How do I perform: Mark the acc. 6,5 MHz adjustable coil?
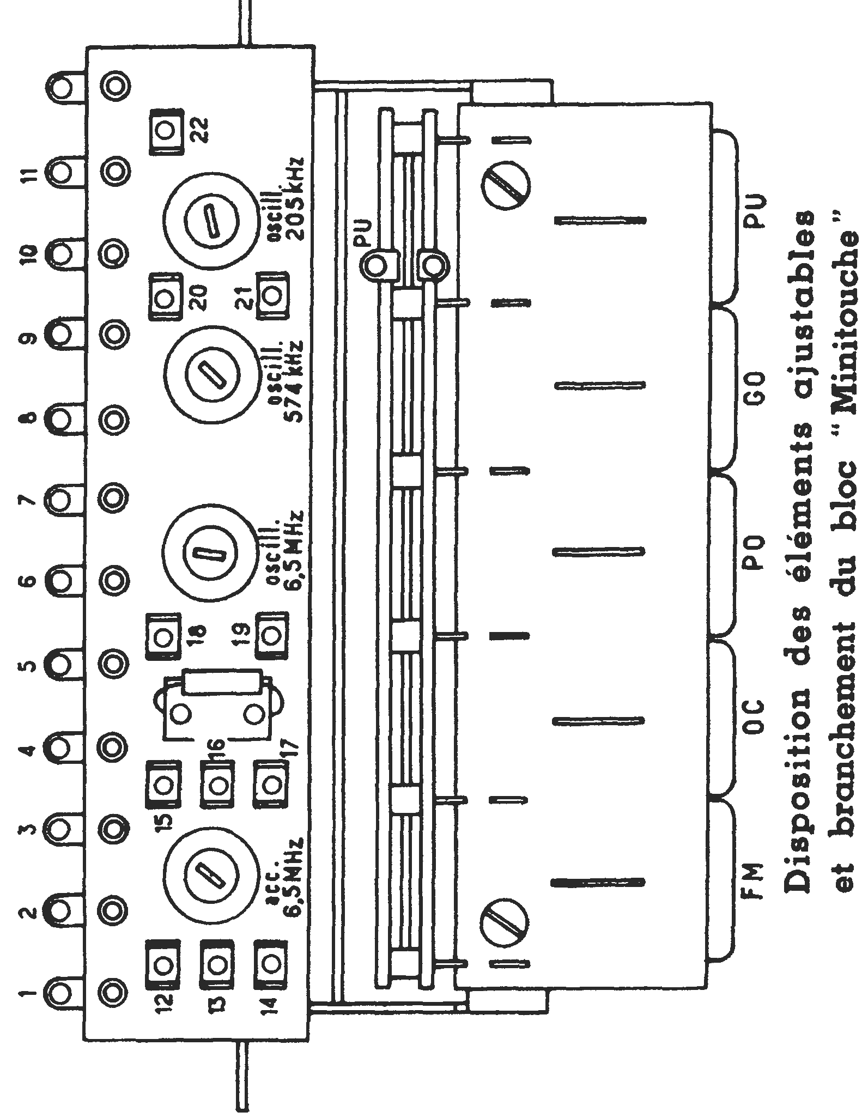coord(209,875)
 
